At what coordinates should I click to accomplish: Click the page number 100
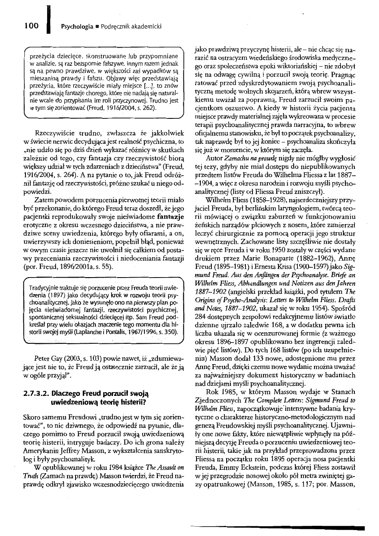click(32, 26)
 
